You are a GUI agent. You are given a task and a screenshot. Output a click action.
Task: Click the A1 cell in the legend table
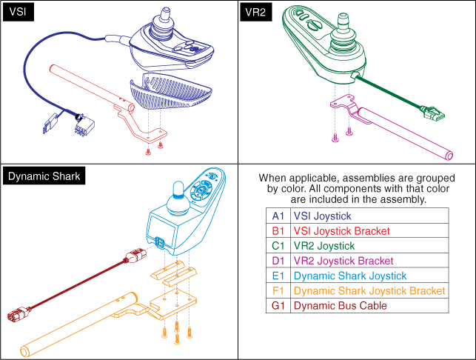click(278, 216)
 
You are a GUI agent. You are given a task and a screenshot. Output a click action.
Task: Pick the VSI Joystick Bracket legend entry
click(341, 230)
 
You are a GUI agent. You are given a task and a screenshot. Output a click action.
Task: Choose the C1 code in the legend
click(278, 245)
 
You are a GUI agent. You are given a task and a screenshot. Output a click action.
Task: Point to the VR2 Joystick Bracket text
click(343, 260)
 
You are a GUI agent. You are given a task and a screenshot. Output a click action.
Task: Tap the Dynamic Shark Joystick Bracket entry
click(369, 290)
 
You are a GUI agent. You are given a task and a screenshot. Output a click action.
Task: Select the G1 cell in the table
click(278, 305)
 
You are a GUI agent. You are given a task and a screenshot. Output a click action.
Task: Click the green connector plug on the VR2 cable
click(432, 114)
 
